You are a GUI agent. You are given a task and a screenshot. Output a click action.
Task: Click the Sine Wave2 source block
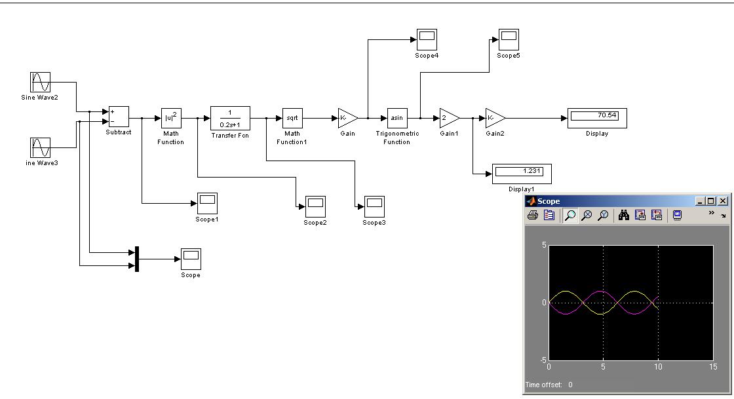click(x=41, y=83)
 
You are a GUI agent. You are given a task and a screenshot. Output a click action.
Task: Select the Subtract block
click(x=119, y=117)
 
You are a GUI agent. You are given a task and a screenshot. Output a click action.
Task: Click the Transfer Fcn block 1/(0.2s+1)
click(x=229, y=118)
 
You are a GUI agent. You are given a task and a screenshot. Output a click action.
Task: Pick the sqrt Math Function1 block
click(x=292, y=118)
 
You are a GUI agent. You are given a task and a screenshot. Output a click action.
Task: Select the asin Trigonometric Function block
click(x=397, y=118)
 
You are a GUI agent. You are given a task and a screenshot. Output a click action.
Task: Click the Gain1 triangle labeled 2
click(x=448, y=118)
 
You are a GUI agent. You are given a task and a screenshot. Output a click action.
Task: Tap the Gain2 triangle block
click(x=494, y=118)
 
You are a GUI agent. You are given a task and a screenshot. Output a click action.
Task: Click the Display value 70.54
click(x=597, y=116)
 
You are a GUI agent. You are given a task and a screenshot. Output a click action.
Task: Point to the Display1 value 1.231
click(x=522, y=172)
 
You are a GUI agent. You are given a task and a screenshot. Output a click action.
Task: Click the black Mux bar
click(x=137, y=259)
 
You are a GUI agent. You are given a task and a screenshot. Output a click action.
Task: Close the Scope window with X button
click(x=722, y=201)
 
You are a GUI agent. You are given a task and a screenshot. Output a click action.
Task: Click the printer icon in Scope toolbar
click(x=533, y=215)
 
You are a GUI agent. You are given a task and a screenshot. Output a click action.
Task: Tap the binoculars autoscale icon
click(x=624, y=215)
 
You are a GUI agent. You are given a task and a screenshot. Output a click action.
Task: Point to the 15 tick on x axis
click(x=713, y=367)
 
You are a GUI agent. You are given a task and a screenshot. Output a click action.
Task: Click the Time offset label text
click(x=544, y=385)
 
